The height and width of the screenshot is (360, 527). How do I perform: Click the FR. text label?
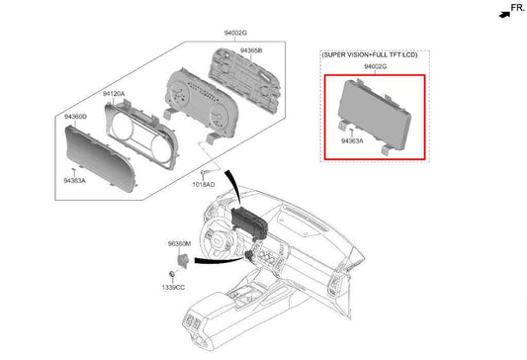click(518, 7)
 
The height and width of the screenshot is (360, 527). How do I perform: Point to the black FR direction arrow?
click(504, 15)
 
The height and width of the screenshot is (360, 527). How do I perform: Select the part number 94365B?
click(251, 50)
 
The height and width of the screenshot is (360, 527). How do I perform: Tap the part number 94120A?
click(114, 94)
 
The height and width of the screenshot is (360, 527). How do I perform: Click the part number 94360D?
click(75, 117)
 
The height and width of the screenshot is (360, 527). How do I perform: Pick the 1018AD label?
click(204, 184)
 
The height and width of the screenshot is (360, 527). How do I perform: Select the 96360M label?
click(179, 243)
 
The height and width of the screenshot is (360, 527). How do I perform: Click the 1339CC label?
click(173, 288)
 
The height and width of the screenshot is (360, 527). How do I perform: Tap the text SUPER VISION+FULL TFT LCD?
click(370, 54)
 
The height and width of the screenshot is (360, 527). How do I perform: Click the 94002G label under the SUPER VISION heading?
click(375, 66)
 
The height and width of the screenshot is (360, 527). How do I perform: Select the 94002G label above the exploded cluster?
click(235, 33)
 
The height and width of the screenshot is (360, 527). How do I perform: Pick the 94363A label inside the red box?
click(352, 140)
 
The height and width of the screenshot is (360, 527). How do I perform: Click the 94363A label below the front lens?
click(74, 181)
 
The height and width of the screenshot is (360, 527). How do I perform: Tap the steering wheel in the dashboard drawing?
click(217, 238)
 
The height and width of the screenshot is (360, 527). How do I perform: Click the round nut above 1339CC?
click(172, 274)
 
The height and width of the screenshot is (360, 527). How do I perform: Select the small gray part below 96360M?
click(183, 260)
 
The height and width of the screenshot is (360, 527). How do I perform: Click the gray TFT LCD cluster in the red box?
click(375, 117)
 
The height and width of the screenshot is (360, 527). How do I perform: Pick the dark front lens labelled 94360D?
click(100, 158)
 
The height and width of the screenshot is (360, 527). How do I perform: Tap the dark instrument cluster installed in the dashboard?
click(250, 222)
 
